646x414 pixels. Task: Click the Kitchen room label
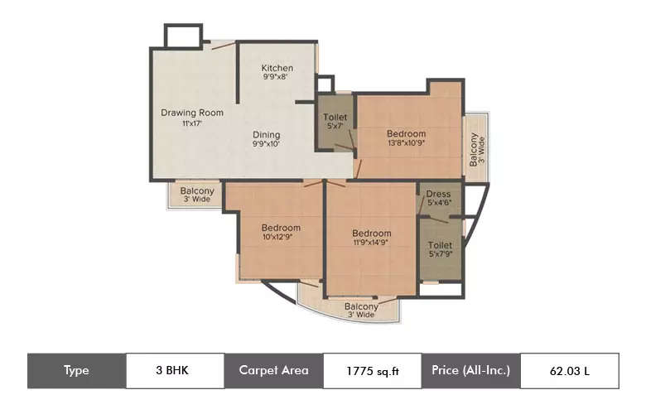pyautogui.click(x=277, y=68)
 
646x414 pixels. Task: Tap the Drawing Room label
pyautogui.click(x=192, y=113)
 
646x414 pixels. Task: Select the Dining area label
pyautogui.click(x=267, y=135)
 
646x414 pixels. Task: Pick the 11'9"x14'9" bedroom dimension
pyautogui.click(x=371, y=244)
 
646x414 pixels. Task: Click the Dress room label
pyautogui.click(x=438, y=195)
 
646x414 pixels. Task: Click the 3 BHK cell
pyautogui.click(x=175, y=370)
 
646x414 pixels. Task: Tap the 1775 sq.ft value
pyautogui.click(x=372, y=371)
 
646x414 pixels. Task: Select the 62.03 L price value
pyautogui.click(x=569, y=371)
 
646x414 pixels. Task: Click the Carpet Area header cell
pyautogui.click(x=273, y=370)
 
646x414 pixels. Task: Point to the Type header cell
pyautogui.click(x=76, y=370)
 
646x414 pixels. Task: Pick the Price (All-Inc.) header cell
pyautogui.click(x=470, y=370)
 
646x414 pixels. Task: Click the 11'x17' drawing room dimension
pyautogui.click(x=192, y=123)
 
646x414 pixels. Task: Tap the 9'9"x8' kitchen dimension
pyautogui.click(x=277, y=78)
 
